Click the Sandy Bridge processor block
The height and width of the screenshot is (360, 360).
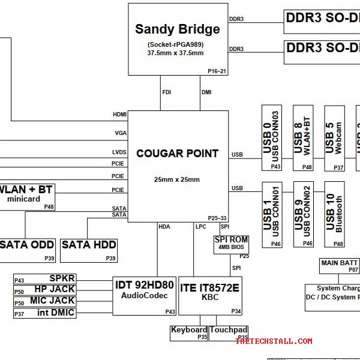click(178, 39)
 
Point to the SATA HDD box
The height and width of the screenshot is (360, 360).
click(89, 248)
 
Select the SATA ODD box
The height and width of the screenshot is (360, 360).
click(27, 248)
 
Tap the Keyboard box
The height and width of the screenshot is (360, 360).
click(189, 333)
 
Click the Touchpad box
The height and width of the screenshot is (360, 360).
click(229, 333)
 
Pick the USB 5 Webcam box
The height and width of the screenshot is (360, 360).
click(334, 139)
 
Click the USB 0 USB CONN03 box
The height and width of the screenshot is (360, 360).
click(272, 139)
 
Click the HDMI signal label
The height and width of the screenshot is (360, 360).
click(119, 114)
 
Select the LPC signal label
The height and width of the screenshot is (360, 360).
click(200, 227)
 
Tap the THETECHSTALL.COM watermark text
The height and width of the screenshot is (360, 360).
click(274, 341)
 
